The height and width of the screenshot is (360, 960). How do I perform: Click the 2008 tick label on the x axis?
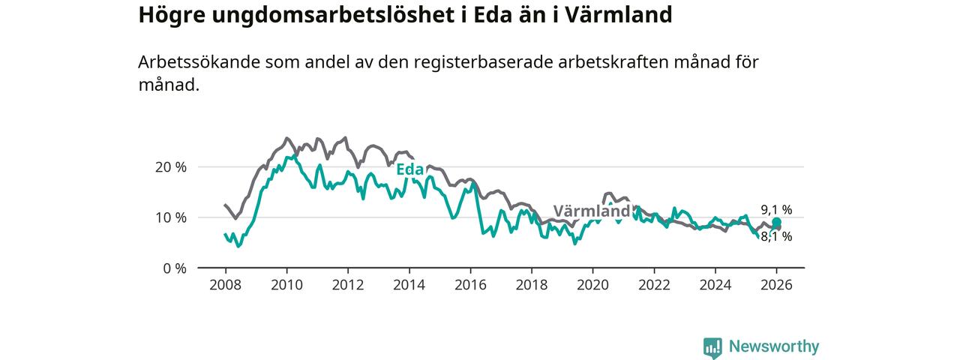point(225,286)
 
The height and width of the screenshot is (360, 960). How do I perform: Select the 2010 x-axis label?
point(286,286)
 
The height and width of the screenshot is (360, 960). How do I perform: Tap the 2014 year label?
point(409,286)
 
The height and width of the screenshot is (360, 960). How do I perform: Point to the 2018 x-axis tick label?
point(532,286)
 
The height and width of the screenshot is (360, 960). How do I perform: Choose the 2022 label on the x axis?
point(654,286)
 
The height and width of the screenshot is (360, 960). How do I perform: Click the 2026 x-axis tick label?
point(776,286)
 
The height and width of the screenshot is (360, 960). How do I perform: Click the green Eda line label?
point(409,169)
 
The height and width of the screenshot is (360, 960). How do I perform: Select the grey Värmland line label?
point(592,211)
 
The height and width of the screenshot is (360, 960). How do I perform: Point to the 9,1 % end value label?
point(776,210)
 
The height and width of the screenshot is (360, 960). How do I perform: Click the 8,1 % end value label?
point(776,237)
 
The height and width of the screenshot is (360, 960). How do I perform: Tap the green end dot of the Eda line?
point(777,222)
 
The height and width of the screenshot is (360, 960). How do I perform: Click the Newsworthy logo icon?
point(712,347)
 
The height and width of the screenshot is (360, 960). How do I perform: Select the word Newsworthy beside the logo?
point(774,346)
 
